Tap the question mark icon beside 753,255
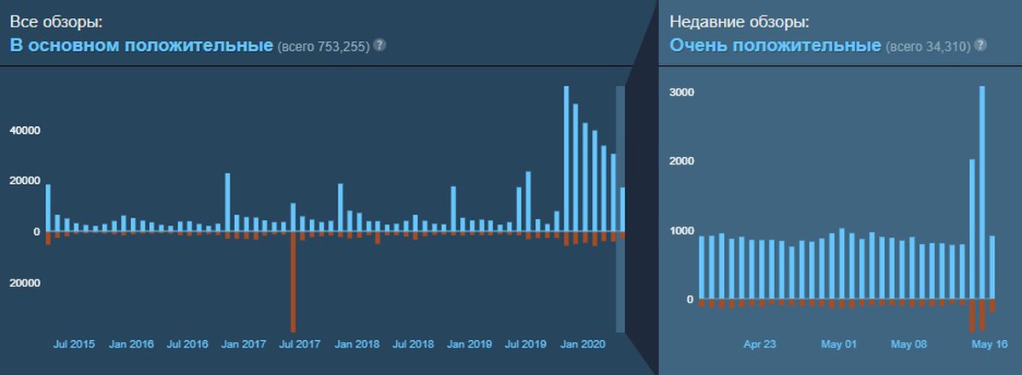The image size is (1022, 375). click(x=380, y=44)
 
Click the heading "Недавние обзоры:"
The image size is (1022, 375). click(x=738, y=22)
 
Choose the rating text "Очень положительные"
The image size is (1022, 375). click(x=775, y=45)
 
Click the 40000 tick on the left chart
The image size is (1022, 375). click(x=26, y=130)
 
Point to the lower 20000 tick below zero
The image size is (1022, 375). click(x=26, y=283)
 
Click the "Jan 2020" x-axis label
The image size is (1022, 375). click(x=583, y=345)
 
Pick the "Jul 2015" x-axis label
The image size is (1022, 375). click(x=74, y=345)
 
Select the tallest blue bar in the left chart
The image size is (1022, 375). click(x=566, y=158)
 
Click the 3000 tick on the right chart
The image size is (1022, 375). click(x=682, y=92)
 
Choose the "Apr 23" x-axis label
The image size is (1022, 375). click(x=760, y=345)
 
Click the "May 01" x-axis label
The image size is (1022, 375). click(x=838, y=345)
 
